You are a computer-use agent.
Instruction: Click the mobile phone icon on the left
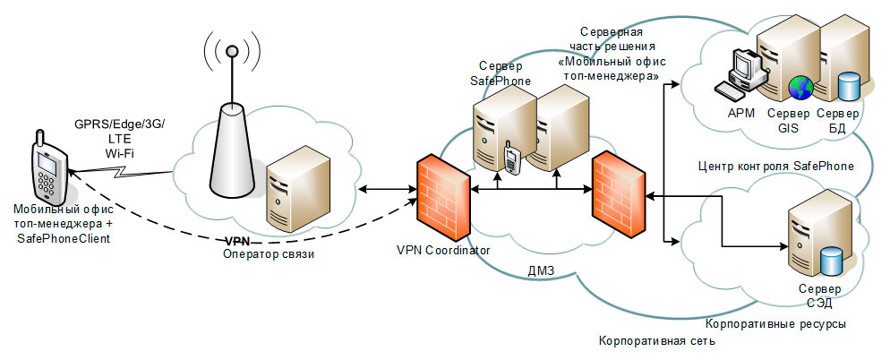click(x=44, y=169)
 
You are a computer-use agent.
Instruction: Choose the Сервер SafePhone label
click(x=501, y=73)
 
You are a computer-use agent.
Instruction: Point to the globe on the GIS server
click(x=799, y=88)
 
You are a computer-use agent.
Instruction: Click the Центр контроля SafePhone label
click(x=774, y=167)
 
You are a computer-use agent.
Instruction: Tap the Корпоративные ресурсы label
click(x=776, y=323)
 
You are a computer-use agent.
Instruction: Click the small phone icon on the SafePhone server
click(x=510, y=158)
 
